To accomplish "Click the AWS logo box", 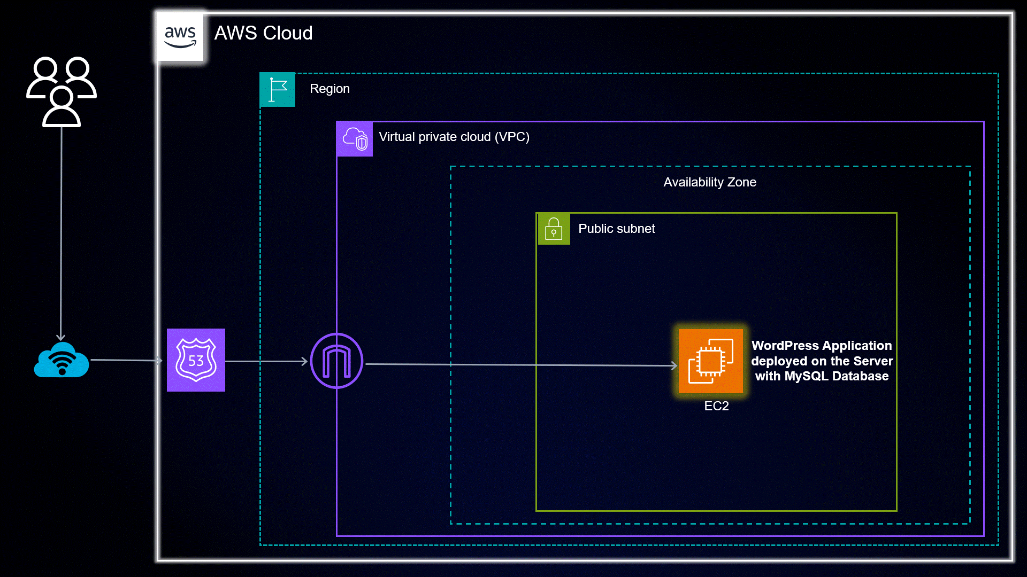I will click(180, 36).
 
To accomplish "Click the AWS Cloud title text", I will click(263, 33).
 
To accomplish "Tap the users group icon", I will click(62, 91).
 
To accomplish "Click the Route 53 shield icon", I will click(196, 360).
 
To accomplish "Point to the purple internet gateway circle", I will click(336, 361).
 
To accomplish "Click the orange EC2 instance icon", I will click(710, 361).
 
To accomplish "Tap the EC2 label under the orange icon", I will click(716, 406).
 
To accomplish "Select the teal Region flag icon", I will click(277, 89).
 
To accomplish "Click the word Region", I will click(329, 89).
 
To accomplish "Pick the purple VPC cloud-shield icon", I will click(354, 139).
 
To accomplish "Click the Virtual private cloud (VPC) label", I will click(454, 137).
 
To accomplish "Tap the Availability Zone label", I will click(709, 182).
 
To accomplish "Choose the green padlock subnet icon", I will click(554, 229).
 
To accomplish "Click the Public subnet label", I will click(616, 229).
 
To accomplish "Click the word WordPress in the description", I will click(785, 346).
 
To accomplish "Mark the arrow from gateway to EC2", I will click(519, 365).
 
